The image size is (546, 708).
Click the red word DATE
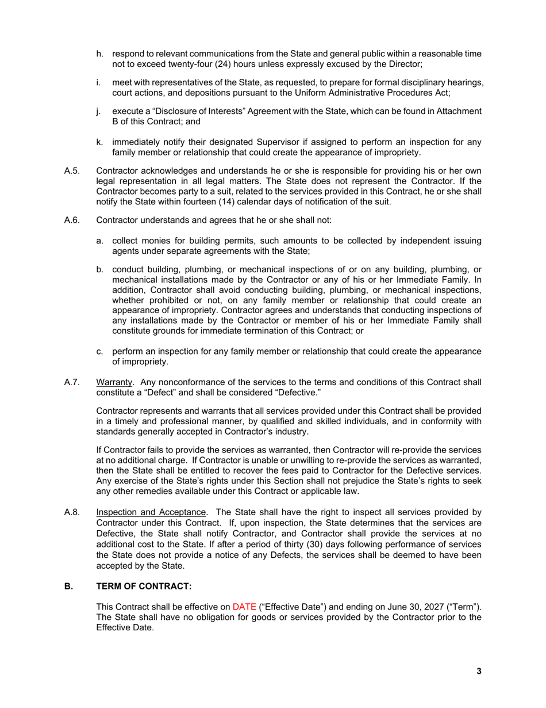pos(244,607)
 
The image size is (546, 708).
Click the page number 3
pos(479,671)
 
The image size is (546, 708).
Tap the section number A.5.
pos(71,172)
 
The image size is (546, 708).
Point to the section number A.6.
pos(71,220)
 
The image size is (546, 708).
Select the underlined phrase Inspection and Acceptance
pos(151,512)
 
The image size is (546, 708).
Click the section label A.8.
pos(71,512)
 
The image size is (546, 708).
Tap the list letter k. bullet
pos(100,142)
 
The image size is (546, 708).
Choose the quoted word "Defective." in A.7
pos(298,392)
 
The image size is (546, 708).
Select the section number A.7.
pos(71,382)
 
